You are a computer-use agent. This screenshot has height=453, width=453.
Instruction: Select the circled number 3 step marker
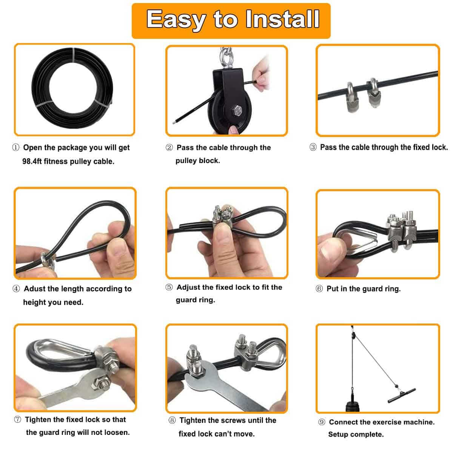click(313, 147)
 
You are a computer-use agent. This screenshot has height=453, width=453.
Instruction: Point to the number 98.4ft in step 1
click(37, 162)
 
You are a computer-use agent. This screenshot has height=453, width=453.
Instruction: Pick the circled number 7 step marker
click(17, 420)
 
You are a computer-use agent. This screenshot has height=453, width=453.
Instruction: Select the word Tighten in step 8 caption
click(195, 421)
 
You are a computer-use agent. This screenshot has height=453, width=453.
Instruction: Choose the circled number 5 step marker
click(169, 287)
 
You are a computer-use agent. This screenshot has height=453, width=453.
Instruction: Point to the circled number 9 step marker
click(322, 422)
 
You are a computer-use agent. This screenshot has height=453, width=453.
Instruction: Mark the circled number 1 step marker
click(16, 148)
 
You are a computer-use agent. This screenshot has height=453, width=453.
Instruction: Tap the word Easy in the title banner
click(176, 20)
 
